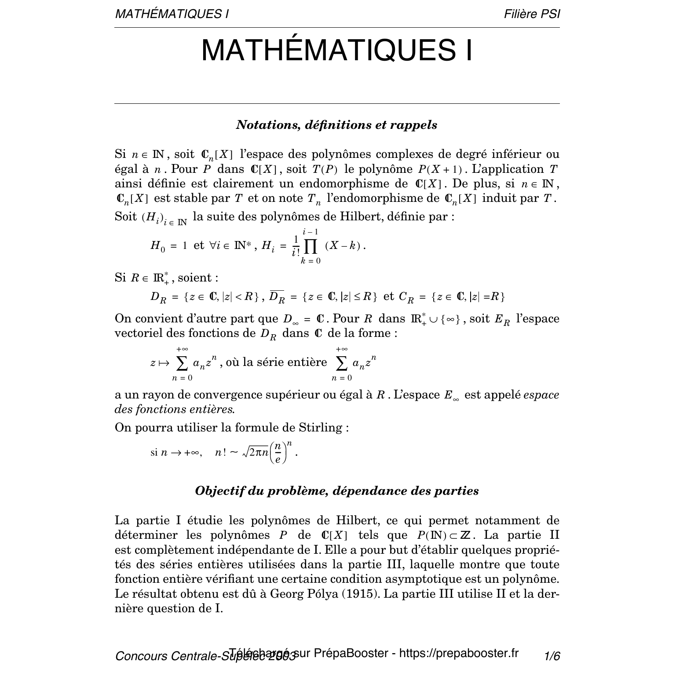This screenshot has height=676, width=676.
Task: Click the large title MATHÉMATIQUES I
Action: coord(337,50)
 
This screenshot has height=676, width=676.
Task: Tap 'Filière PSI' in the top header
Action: coord(532,14)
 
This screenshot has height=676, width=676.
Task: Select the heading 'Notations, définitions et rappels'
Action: coord(336,125)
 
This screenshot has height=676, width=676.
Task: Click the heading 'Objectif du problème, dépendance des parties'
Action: coord(336,491)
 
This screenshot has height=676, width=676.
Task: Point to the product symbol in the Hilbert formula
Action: coord(311,247)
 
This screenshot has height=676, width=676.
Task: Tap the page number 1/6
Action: coord(552,657)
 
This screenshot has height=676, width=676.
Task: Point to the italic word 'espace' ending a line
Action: coord(541,395)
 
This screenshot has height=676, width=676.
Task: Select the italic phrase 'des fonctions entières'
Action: coord(174,409)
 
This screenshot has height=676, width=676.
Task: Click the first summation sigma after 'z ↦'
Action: coord(182,363)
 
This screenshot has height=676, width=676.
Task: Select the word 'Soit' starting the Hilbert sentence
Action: coord(126,216)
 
